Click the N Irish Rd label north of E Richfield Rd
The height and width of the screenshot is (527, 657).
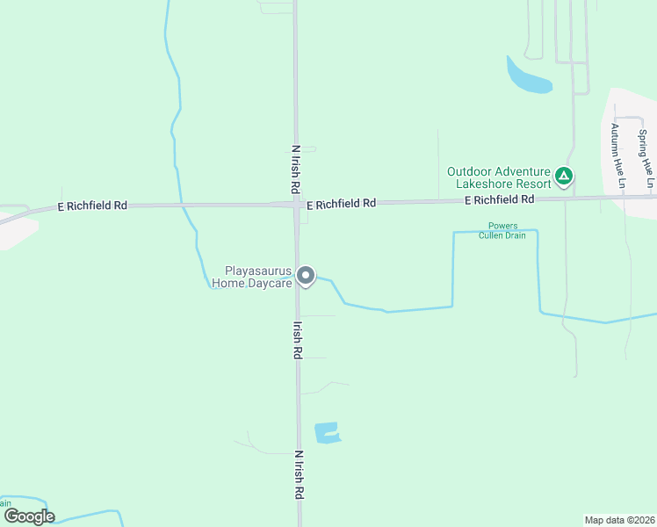(x=296, y=170)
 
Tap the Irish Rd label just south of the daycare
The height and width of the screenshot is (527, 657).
(x=298, y=338)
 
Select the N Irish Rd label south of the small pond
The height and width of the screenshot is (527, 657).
(x=299, y=475)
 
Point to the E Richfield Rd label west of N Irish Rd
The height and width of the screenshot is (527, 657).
(x=92, y=206)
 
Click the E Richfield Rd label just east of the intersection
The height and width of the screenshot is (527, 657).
(x=341, y=204)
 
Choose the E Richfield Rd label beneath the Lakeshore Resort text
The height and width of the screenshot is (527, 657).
(x=499, y=200)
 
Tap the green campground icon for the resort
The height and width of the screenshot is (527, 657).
(x=564, y=177)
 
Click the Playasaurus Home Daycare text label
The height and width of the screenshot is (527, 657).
(x=258, y=278)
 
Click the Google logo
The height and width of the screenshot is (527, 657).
(x=29, y=516)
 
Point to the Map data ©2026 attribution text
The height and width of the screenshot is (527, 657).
(x=619, y=520)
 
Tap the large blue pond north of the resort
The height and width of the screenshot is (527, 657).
(x=528, y=78)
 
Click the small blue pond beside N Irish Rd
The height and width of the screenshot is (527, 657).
(x=327, y=432)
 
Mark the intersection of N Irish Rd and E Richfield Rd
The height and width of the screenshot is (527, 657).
(x=297, y=205)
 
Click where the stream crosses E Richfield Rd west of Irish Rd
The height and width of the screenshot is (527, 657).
(x=182, y=206)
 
